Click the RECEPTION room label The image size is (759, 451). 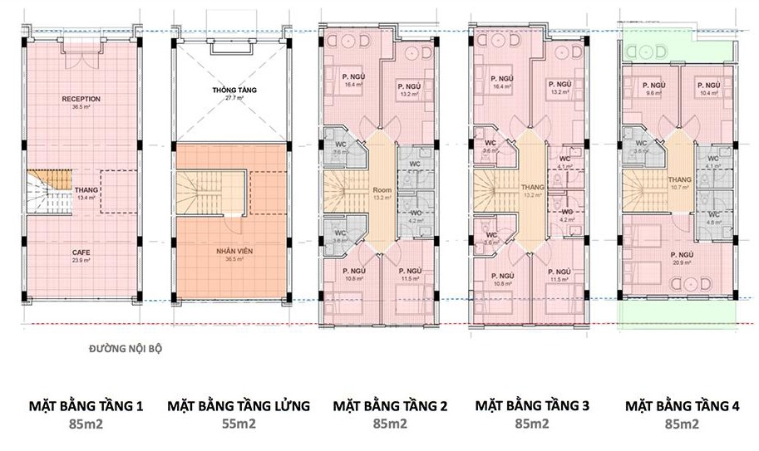tap(81, 100)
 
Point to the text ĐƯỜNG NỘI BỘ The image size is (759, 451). tap(126, 349)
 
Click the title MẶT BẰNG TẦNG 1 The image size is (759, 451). tap(86, 406)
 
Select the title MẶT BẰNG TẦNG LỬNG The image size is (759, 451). tap(239, 406)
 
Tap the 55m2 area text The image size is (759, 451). tap(239, 424)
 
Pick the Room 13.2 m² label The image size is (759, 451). tap(382, 194)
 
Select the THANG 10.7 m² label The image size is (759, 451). tap(680, 184)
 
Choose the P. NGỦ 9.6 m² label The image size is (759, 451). tap(651, 88)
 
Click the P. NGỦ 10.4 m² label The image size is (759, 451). tap(707, 88)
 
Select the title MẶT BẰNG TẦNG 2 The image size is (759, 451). tap(390, 406)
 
